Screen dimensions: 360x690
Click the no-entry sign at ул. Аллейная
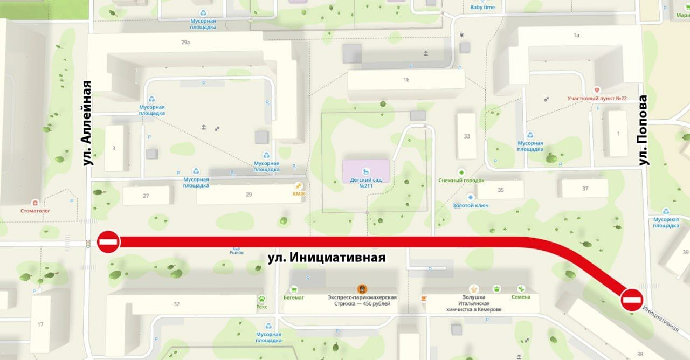(x=108, y=241)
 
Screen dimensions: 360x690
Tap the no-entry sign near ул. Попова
(x=631, y=300)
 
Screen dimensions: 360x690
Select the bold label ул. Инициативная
(x=327, y=258)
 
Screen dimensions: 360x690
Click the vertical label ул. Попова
(x=643, y=130)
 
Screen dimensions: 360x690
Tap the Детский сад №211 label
(x=366, y=183)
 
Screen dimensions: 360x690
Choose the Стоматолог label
(x=35, y=211)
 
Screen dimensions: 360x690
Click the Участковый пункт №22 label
(x=597, y=98)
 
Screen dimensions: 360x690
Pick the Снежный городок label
(x=461, y=181)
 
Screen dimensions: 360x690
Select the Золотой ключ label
(x=471, y=205)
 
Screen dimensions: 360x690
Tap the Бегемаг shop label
(x=294, y=297)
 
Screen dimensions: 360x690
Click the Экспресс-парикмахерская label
(x=362, y=297)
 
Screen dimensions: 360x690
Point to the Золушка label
(x=474, y=297)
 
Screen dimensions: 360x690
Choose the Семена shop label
(x=521, y=297)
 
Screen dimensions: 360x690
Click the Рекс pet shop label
(x=262, y=306)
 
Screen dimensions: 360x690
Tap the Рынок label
(x=237, y=252)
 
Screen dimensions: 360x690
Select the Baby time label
(x=482, y=7)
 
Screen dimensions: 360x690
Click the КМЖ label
(x=298, y=193)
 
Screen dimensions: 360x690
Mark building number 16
(x=406, y=80)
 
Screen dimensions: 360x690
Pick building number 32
(x=176, y=304)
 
